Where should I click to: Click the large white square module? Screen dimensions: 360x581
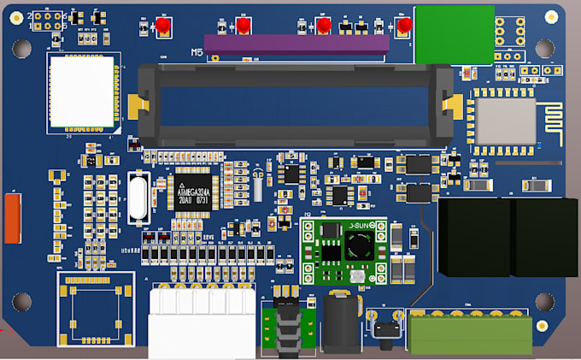(82, 92)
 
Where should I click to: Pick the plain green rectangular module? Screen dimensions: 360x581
(454, 33)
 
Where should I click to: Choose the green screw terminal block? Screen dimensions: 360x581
(469, 334)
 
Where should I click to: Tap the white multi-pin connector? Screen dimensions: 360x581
(202, 323)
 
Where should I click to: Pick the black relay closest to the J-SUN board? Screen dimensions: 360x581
(473, 237)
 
